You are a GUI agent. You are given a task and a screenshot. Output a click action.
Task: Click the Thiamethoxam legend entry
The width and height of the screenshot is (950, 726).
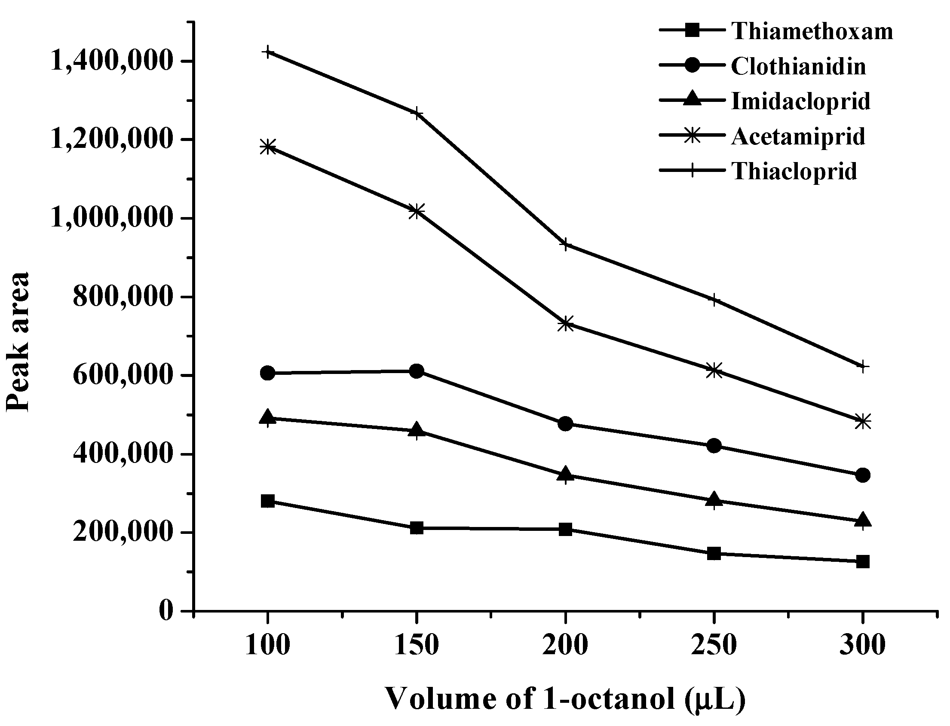[812, 31]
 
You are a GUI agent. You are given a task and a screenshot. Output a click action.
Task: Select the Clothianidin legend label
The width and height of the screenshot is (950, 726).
[798, 67]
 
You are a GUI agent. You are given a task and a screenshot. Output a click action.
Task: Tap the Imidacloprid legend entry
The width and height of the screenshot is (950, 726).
[800, 101]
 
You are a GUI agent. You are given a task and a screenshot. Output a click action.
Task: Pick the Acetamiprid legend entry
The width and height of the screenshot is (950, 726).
[798, 137]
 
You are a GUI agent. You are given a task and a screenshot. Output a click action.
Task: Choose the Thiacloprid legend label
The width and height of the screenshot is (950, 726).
[794, 171]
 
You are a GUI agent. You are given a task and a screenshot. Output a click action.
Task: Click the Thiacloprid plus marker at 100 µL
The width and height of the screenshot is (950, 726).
[268, 52]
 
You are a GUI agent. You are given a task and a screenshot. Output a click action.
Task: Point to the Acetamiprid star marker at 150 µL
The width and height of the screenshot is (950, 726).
[417, 211]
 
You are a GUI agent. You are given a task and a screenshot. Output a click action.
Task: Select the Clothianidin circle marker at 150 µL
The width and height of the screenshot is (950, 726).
[417, 371]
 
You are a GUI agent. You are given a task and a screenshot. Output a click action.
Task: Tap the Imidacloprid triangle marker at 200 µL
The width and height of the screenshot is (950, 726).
[565, 475]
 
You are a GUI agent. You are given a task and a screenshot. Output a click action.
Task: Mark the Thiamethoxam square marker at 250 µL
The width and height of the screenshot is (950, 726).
[714, 553]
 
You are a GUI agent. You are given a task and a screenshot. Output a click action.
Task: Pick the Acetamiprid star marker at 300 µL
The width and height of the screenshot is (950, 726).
[863, 421]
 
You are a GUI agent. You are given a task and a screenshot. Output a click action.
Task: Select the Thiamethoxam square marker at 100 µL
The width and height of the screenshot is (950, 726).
[268, 501]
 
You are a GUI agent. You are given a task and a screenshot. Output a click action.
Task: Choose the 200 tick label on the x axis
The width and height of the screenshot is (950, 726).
[565, 646]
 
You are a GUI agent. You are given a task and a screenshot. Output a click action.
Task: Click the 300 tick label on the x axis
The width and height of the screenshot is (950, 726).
[863, 646]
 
